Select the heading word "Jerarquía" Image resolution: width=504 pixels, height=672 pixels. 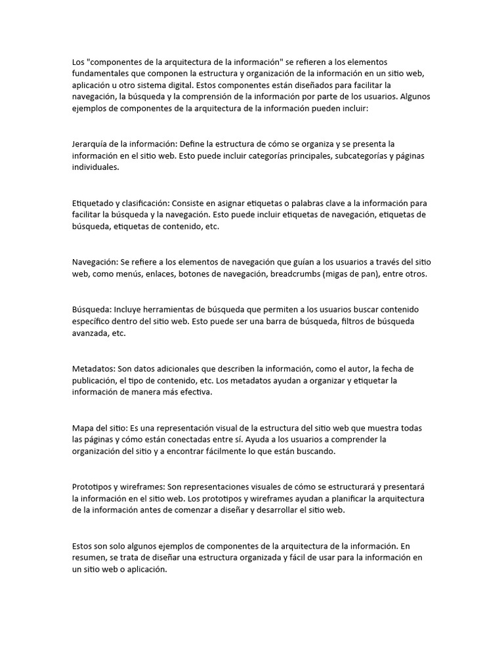tap(91, 144)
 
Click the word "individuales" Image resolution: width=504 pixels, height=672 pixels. tap(96, 168)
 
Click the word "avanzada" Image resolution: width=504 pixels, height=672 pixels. tap(90, 333)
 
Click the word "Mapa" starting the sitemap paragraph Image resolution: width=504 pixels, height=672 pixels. tap(83, 429)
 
